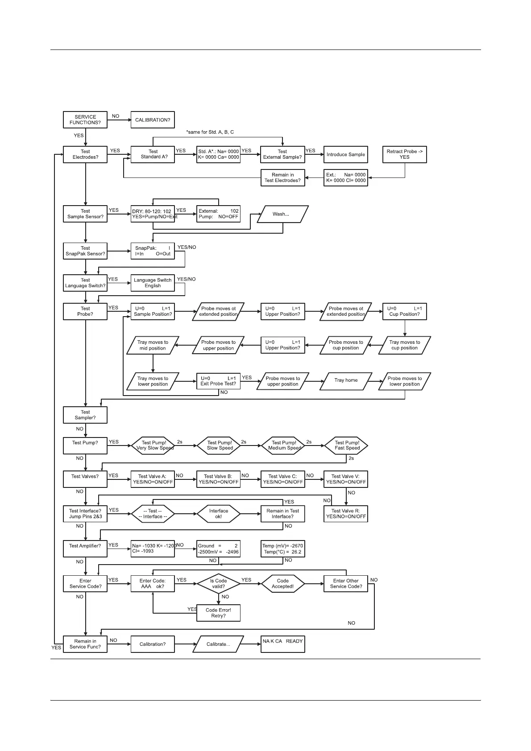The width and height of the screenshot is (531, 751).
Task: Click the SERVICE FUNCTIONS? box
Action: pos(85,120)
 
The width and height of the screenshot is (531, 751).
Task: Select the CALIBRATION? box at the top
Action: pos(153,120)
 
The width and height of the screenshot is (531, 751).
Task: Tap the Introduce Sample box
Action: pos(346,154)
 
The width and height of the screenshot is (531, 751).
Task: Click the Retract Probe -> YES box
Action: pos(405,154)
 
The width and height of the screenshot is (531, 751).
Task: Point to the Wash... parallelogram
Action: pos(281,214)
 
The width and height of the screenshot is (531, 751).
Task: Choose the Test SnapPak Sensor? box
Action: pos(85,251)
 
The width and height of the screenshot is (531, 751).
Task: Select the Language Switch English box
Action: pos(153,283)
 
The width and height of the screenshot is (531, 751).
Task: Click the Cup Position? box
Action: pos(405,311)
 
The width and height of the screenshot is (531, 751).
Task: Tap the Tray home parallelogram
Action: pos(346,380)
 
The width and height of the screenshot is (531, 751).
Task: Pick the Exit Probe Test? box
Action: pos(219,381)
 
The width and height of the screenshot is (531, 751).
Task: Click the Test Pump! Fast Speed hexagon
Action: pos(347,446)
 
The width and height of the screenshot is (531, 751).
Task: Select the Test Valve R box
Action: pos(346,514)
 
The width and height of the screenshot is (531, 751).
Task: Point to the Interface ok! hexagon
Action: pos(219,514)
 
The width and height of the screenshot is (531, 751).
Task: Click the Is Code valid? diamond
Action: pos(219,584)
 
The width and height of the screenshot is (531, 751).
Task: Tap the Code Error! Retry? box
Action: pos(219,613)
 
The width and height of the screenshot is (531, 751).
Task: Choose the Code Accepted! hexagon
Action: pos(283,584)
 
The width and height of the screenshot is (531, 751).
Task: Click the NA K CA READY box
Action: pos(283,644)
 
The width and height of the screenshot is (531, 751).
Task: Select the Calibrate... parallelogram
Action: pos(219,644)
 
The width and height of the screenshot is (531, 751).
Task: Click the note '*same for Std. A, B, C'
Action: pos(210,132)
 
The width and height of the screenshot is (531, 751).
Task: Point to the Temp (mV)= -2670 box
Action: pos(283,549)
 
